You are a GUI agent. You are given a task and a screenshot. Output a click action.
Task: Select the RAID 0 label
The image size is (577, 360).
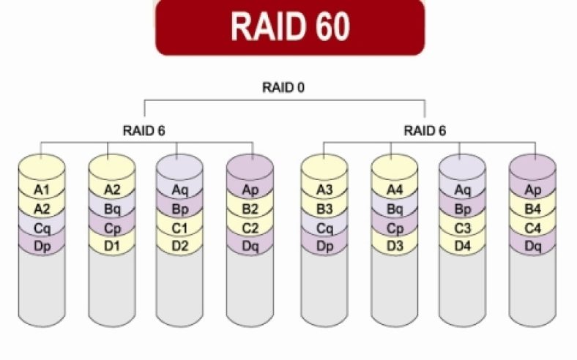[x=283, y=87]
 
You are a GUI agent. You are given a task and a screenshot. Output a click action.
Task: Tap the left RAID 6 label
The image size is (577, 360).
[x=144, y=130]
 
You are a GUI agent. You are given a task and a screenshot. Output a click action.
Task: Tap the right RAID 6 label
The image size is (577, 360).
[x=425, y=130]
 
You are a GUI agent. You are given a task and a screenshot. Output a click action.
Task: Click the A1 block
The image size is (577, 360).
[x=42, y=190]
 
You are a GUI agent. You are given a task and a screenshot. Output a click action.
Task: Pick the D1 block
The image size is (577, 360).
[x=111, y=244]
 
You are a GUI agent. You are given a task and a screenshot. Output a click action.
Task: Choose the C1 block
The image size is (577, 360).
[x=179, y=226]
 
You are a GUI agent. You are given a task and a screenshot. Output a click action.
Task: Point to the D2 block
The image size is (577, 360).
[x=179, y=244]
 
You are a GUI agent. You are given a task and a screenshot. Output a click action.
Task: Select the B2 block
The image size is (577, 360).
[x=250, y=209]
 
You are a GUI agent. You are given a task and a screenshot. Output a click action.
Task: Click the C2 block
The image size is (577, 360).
[x=250, y=226]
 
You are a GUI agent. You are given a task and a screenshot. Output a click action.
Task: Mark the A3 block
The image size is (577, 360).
[x=324, y=190]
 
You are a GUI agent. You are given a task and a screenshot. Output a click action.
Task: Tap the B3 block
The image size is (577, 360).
[x=324, y=209]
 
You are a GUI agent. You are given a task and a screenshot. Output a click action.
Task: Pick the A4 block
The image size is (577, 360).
[x=394, y=190]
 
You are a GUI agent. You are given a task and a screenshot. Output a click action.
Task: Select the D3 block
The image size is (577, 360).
[x=394, y=244]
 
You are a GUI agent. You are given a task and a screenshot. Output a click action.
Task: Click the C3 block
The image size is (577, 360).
[x=462, y=226]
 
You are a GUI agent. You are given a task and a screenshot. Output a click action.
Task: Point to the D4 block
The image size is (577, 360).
[x=462, y=244]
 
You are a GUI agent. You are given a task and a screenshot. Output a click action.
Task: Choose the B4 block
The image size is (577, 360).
[x=532, y=209]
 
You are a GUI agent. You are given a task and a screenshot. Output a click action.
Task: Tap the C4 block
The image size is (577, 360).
[x=532, y=226]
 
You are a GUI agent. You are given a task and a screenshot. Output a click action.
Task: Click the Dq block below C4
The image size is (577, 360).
[x=532, y=244]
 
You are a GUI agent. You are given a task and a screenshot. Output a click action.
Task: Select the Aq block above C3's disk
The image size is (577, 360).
[x=462, y=190]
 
